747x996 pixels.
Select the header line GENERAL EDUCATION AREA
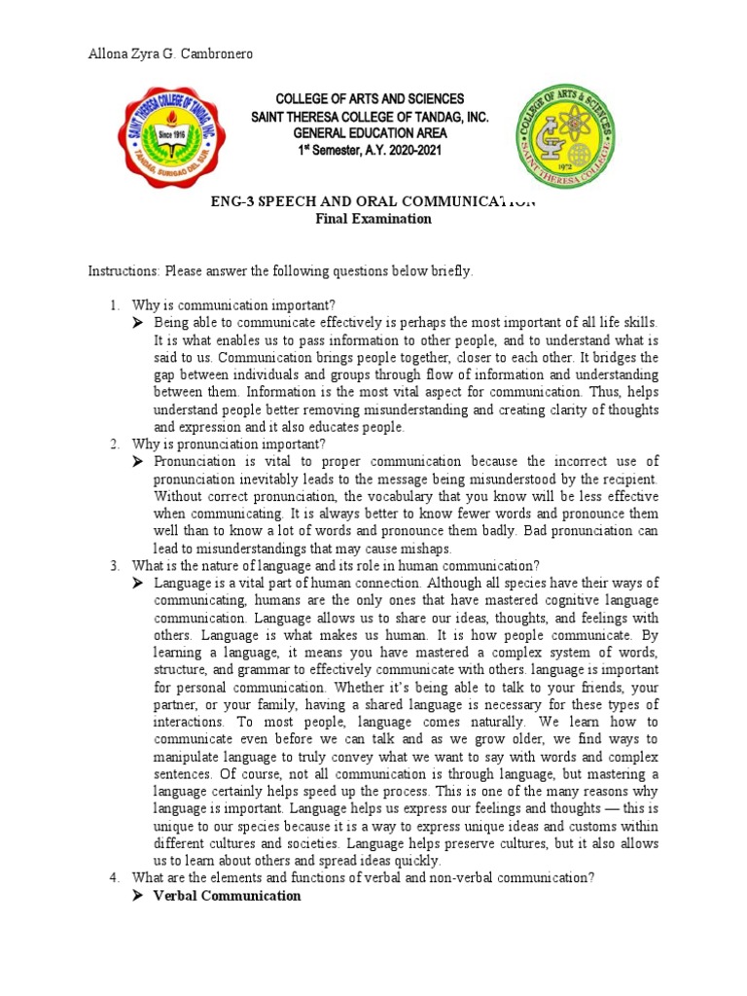tap(371, 134)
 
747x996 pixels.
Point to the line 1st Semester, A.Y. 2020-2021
tap(371, 152)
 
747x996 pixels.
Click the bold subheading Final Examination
tap(373, 219)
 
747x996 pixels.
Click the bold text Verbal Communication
tap(227, 895)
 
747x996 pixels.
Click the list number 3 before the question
tap(114, 565)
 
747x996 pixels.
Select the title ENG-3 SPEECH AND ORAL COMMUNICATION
tap(373, 201)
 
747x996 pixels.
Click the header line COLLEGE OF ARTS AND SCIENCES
tap(371, 99)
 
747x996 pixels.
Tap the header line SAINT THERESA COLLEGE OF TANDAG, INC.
tap(371, 117)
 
